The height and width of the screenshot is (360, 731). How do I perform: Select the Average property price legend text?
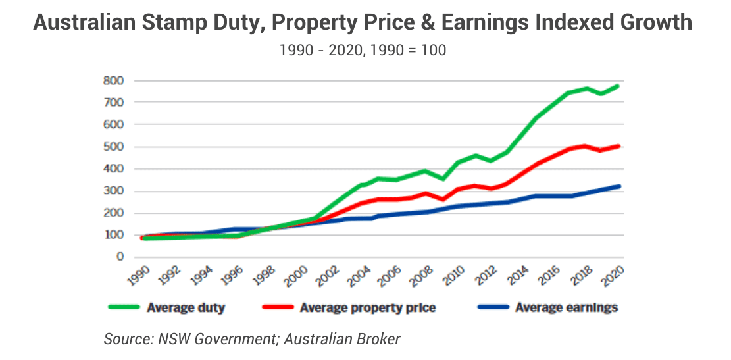[367, 307]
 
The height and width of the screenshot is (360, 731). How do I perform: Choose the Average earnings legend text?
[567, 307]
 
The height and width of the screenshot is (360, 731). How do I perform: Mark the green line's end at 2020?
[619, 86]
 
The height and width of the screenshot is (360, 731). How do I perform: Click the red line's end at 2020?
[619, 146]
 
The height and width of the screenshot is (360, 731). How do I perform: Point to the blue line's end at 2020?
[619, 186]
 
